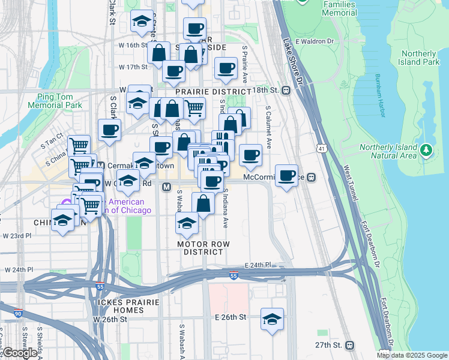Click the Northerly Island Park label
tap(420, 58)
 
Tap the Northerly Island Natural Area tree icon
tap(426, 149)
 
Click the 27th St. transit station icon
tap(349, 345)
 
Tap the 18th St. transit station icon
tap(286, 90)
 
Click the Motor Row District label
tap(203, 248)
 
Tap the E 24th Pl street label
tap(258, 265)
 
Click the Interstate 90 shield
tap(18, 313)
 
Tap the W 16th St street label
tap(133, 45)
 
